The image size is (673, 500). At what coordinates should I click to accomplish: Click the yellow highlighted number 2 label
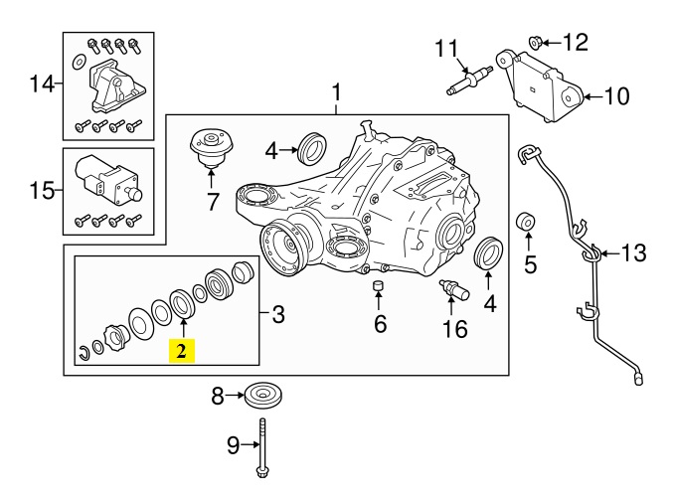pos(182,351)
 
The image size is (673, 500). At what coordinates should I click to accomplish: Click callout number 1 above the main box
pos(336,93)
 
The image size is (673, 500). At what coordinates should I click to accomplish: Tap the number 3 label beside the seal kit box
pos(278,315)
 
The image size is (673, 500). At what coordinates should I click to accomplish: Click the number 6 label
pos(379,325)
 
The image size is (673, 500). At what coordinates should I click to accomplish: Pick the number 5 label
pos(529,264)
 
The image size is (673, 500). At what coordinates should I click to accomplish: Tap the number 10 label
pos(617,96)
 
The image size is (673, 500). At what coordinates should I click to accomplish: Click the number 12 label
pos(576,42)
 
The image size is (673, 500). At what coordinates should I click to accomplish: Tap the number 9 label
pos(234,446)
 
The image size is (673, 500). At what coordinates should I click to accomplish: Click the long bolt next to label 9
pos(263,447)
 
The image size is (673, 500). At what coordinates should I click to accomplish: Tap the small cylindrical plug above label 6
pos(379,289)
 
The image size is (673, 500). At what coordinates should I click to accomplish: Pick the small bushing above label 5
pos(528,221)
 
